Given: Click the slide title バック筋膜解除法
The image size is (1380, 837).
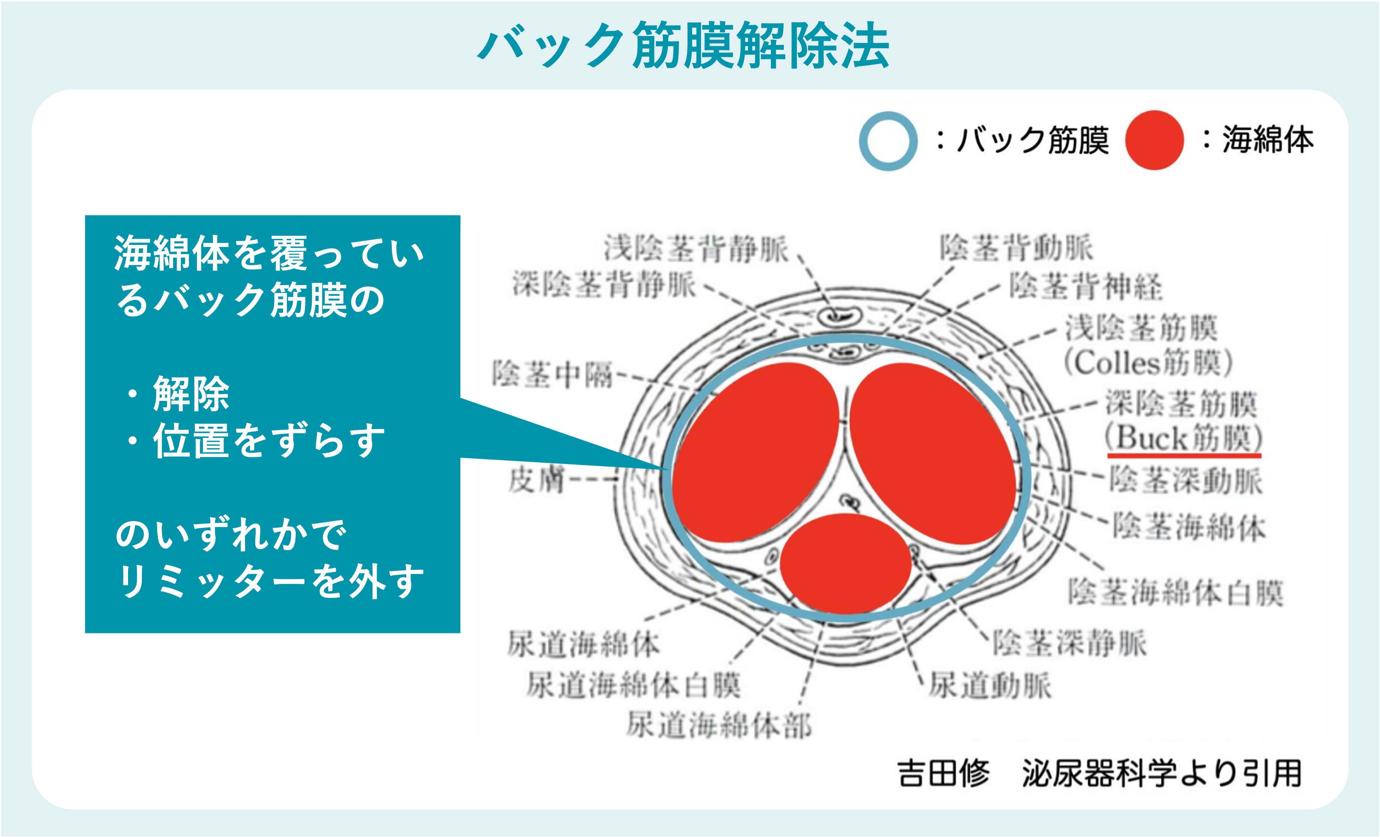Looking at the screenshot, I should pyautogui.click(x=683, y=46).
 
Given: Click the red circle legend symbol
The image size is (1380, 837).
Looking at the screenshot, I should pyautogui.click(x=1154, y=140).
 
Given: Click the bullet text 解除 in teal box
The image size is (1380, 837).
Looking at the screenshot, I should pyautogui.click(x=191, y=393).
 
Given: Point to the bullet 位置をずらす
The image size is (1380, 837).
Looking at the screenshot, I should pyautogui.click(x=269, y=441).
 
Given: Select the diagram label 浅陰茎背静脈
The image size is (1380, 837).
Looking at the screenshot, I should pyautogui.click(x=696, y=248).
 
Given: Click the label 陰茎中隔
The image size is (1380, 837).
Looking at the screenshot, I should pyautogui.click(x=552, y=374).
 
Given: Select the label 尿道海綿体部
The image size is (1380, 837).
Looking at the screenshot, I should pyautogui.click(x=718, y=725).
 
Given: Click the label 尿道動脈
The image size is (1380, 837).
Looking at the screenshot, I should pyautogui.click(x=990, y=685).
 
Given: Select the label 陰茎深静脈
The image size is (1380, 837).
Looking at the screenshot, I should pyautogui.click(x=1069, y=642).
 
